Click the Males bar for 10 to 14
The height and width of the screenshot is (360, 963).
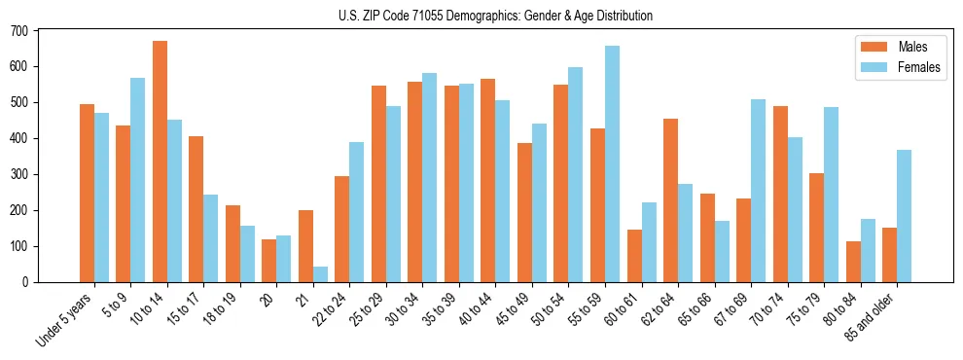pyautogui.click(x=160, y=162)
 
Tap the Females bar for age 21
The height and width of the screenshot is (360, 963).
pyautogui.click(x=320, y=274)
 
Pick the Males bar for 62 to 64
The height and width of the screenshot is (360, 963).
pyautogui.click(x=670, y=200)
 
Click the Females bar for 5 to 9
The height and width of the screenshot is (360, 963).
pyautogui.click(x=138, y=180)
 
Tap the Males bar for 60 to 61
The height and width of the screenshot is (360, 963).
pyautogui.click(x=634, y=256)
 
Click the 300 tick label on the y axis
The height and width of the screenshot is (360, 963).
pyautogui.click(x=20, y=175)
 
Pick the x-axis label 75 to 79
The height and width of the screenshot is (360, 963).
pyautogui.click(x=800, y=309)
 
